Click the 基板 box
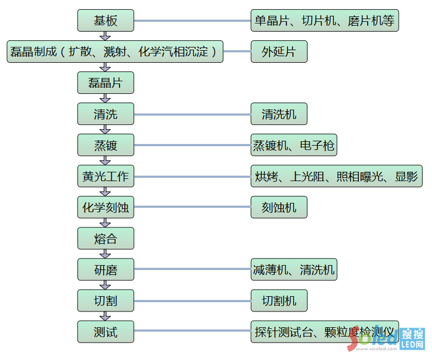pos(105,21)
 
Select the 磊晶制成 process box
pos(115,52)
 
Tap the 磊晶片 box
pos(105,83)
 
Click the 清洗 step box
pos(105,114)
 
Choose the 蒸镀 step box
pos(105,145)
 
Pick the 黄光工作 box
pos(105,176)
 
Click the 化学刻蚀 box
pos(105,207)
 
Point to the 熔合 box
pos(105,238)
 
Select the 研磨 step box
pos(105,269)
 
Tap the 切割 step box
pos(105,301)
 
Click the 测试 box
pos(105,332)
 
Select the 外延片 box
pos(279,52)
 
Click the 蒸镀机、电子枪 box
pos(293,145)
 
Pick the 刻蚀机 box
pos(279,207)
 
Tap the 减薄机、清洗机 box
pos(293,269)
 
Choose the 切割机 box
pos(279,301)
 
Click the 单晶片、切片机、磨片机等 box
pos(325,21)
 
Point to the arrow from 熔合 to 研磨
pos(105,254)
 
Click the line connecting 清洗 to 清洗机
pos(192,115)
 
